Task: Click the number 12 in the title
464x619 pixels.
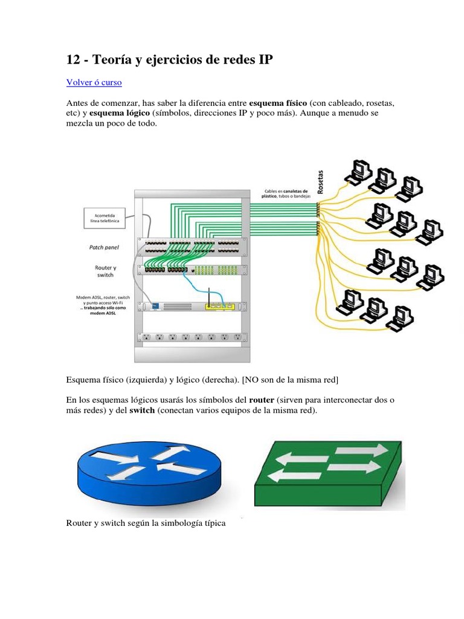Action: [72, 59]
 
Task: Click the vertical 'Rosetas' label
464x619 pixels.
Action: [320, 181]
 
